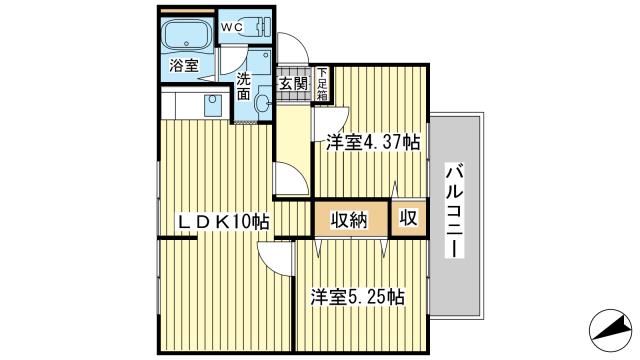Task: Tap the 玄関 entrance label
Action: tap(294, 85)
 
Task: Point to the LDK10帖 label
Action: tap(222, 221)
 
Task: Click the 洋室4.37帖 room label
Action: tap(370, 143)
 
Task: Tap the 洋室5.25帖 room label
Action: tap(356, 297)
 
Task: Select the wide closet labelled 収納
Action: tap(349, 218)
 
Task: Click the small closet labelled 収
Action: tap(409, 218)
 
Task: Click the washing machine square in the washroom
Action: tap(258, 59)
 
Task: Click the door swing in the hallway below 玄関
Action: tap(289, 180)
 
